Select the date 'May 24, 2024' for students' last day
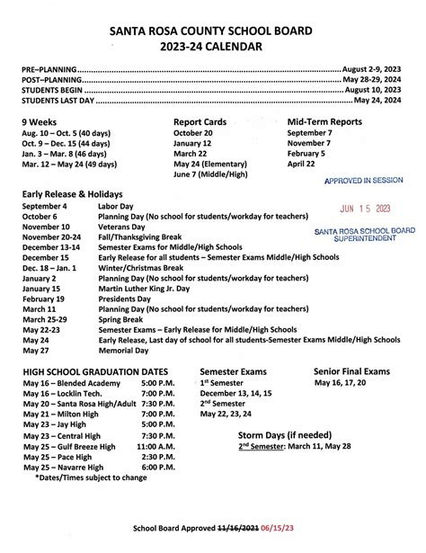pos(378,101)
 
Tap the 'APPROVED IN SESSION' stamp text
pos(364,181)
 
